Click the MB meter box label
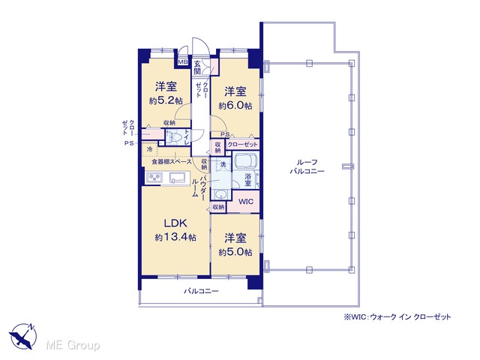click(183, 62)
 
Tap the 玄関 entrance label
click(197, 67)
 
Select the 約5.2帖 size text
click(166, 100)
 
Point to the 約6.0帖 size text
click(235, 106)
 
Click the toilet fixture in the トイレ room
click(173, 136)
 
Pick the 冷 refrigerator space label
click(150, 150)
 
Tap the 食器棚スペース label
click(172, 161)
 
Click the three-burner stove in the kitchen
click(154, 177)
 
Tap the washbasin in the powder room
click(220, 194)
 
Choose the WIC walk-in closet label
click(246, 202)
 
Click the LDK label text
click(175, 223)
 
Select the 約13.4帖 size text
click(175, 237)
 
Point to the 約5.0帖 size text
click(235, 252)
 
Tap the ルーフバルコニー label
click(307, 166)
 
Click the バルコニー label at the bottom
click(201, 291)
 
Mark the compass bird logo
click(22, 336)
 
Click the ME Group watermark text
click(73, 345)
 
